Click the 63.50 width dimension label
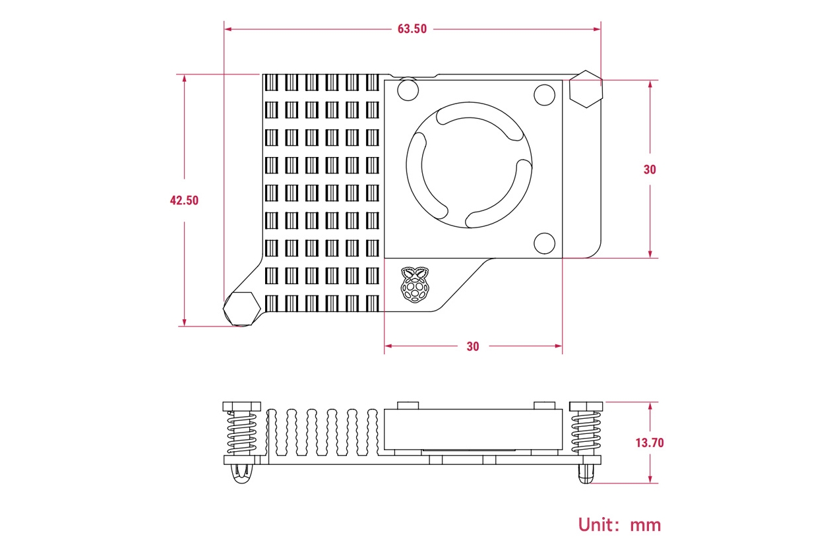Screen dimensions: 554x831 [412, 29]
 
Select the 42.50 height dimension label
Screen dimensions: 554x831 [184, 200]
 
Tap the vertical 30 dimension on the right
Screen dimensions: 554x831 [650, 169]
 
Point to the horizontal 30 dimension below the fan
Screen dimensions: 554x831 [473, 346]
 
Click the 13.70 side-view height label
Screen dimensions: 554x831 [650, 443]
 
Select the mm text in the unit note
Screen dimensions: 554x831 [645, 526]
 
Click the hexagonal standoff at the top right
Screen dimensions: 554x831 [586, 89]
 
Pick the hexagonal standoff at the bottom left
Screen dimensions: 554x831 [241, 307]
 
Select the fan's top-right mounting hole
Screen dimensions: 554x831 [544, 96]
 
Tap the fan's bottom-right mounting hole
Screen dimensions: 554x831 [544, 243]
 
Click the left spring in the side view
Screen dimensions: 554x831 [241, 432]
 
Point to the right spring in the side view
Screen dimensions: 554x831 [585, 432]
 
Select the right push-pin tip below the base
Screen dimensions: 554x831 [585, 474]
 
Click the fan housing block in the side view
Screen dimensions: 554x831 [472, 429]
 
